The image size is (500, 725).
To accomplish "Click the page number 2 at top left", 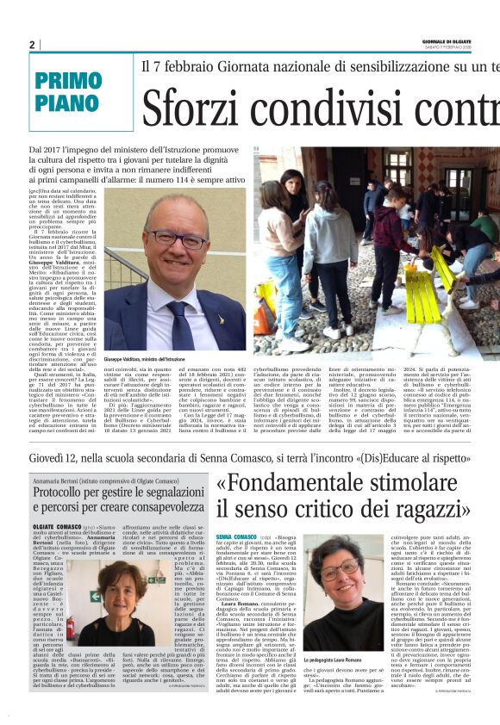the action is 32,45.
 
